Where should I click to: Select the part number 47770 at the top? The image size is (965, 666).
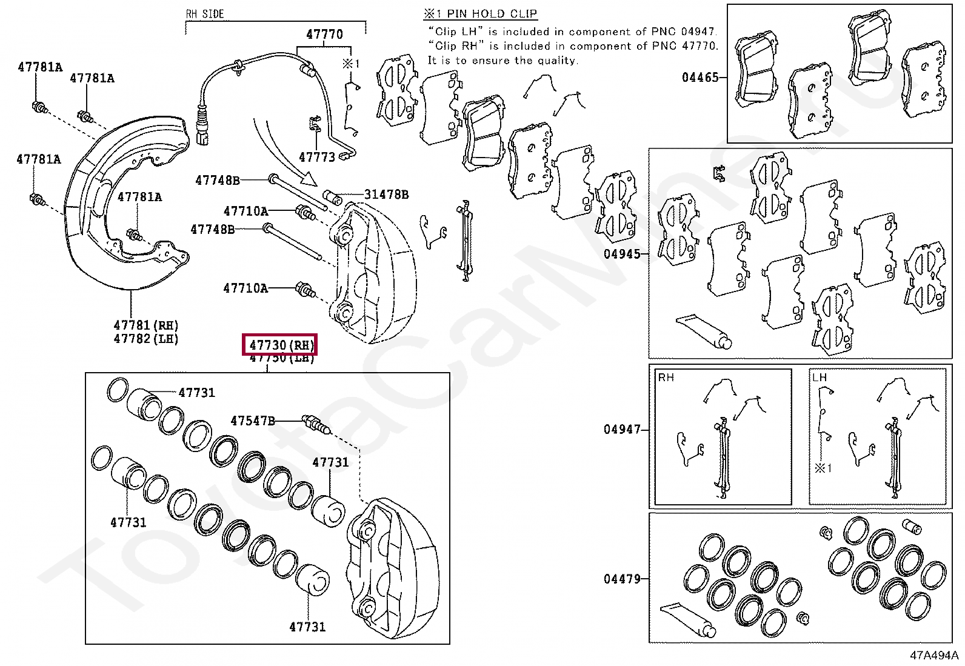(324, 35)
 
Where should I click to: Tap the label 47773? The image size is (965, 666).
(316, 158)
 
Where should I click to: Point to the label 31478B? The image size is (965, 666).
(386, 195)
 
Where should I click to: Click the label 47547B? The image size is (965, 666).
(253, 421)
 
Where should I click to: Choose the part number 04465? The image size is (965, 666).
(700, 78)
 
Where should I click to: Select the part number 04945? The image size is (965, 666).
(622, 254)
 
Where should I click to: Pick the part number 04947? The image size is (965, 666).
(622, 430)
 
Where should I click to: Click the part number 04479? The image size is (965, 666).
(622, 579)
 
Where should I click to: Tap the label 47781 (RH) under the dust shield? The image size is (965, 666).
(146, 326)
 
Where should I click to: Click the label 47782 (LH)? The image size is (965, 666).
(146, 339)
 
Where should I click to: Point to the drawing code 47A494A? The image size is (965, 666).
(933, 655)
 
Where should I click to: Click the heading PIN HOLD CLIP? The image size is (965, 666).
(492, 14)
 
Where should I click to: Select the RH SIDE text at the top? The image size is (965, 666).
(205, 14)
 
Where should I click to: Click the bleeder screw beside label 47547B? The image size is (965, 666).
(315, 424)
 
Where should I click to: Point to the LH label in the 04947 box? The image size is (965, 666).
(820, 378)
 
